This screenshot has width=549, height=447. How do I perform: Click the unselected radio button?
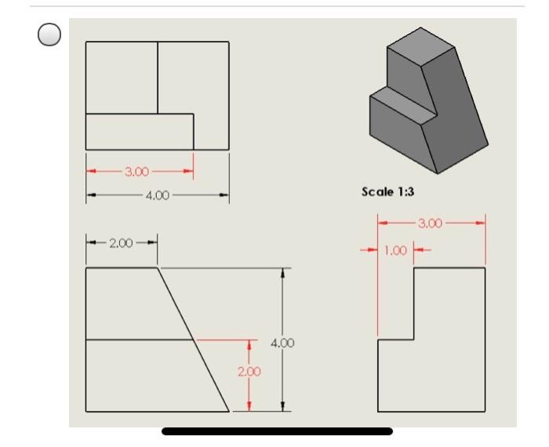click(49, 35)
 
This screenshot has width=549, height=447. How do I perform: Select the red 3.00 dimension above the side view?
click(431, 224)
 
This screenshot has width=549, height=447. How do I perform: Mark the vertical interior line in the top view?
click(158, 77)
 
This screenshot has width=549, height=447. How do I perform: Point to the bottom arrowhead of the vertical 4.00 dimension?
click(282, 406)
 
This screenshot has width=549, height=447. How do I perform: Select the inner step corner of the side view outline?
click(413, 339)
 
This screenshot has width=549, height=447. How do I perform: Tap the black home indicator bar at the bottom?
click(276, 431)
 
